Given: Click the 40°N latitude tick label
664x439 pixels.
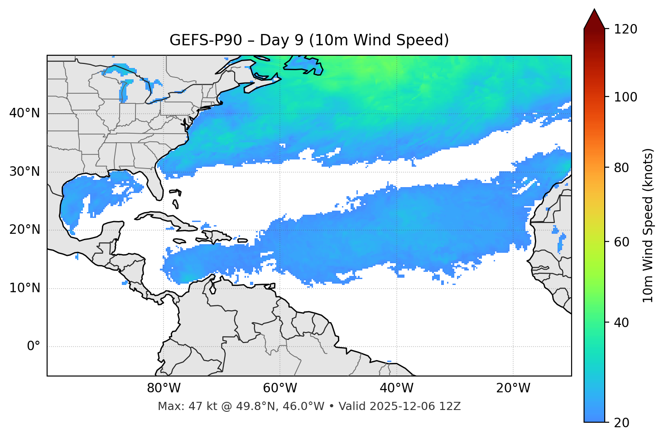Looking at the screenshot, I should click(x=24, y=113).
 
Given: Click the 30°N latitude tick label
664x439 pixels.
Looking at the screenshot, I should click(x=24, y=172).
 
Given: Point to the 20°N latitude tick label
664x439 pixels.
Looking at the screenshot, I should click(x=24, y=230).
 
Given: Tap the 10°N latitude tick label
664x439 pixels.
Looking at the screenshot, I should click(x=24, y=288).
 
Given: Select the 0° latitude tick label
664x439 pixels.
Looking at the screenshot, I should click(x=34, y=347).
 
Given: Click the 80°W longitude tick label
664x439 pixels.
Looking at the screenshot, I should click(x=164, y=388).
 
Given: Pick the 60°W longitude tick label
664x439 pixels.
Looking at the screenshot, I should click(x=280, y=388).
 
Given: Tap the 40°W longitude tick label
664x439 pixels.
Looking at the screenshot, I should click(x=397, y=388).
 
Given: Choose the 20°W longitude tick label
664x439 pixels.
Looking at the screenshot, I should click(x=513, y=388).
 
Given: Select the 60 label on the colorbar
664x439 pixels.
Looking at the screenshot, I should click(x=621, y=242).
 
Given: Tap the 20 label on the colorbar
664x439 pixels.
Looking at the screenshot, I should click(x=621, y=423).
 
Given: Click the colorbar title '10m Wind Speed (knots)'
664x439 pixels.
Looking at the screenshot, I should click(x=648, y=225).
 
